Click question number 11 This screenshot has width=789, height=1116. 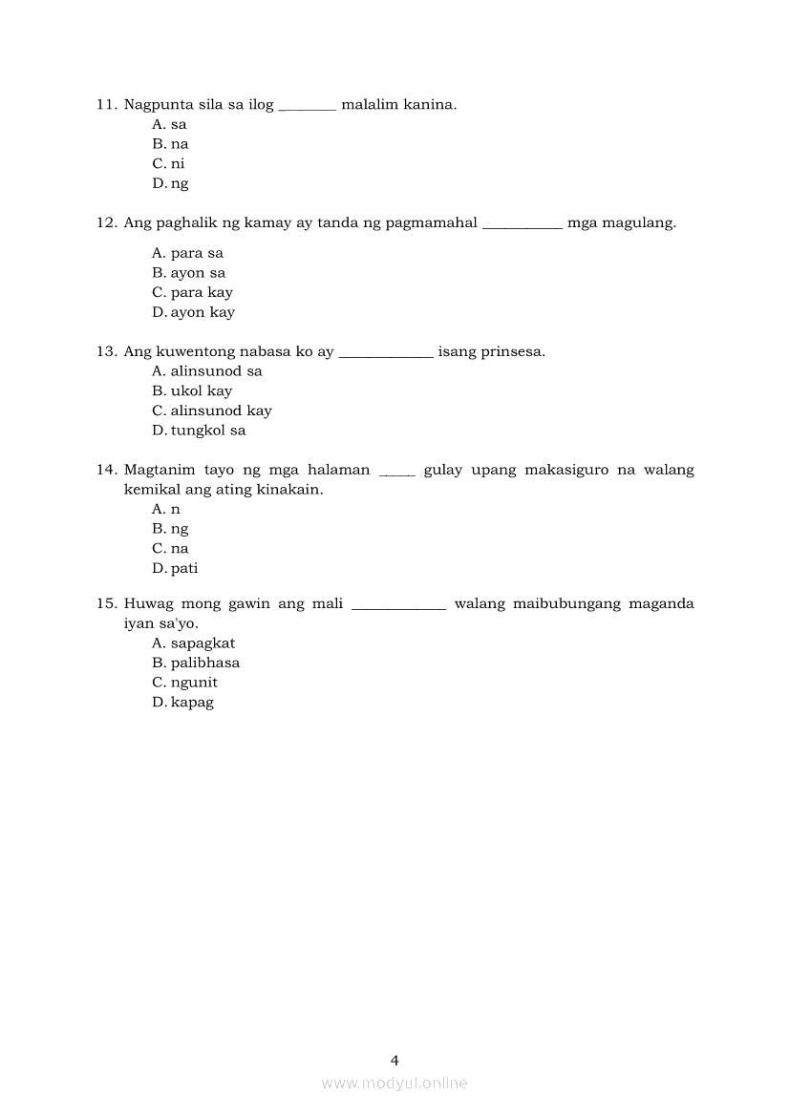[x=106, y=104]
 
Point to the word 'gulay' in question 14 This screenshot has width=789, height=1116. [x=442, y=470]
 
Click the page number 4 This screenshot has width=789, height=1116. [x=394, y=1060]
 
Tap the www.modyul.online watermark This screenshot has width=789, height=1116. [x=394, y=1083]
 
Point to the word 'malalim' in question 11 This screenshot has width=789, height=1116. [x=366, y=104]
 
